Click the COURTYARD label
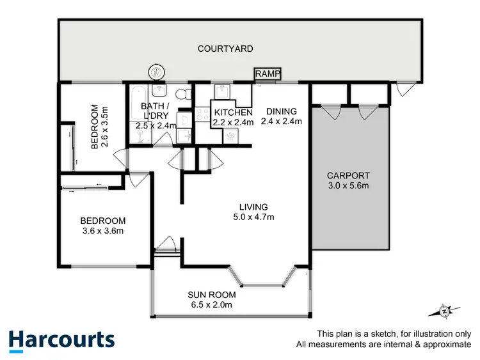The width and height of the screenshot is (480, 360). click(225, 49)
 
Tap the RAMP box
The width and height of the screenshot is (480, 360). click(266, 74)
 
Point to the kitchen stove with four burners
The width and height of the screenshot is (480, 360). click(202, 116)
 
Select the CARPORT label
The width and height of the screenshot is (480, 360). click(348, 176)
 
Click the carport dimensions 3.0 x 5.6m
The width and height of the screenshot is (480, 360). click(348, 186)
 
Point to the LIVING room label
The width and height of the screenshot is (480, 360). click(253, 207)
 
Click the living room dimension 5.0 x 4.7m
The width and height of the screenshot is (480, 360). click(253, 217)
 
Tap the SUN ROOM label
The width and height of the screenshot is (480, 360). click(212, 295)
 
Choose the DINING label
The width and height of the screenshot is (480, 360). click(282, 110)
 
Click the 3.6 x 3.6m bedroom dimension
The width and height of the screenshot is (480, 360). click(102, 231)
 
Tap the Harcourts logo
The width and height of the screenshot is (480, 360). click(61, 340)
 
